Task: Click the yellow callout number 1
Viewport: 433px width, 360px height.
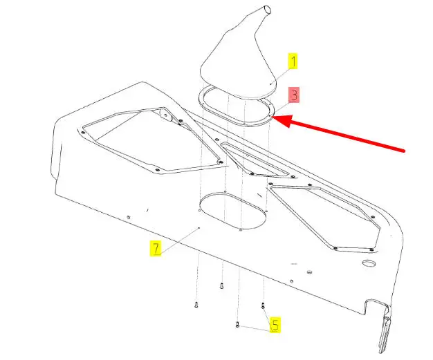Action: (x=293, y=61)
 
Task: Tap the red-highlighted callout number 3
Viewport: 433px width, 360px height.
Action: (x=294, y=95)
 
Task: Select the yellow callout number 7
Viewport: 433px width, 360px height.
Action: (x=156, y=248)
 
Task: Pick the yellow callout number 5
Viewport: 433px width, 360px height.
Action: (x=275, y=325)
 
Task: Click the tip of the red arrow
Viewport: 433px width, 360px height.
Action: (x=273, y=117)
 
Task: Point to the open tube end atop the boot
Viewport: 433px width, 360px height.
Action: (x=268, y=10)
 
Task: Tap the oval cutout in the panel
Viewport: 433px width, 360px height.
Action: (x=232, y=211)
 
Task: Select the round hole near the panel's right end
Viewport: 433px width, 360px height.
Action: (x=369, y=263)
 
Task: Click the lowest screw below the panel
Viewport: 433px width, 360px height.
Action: (x=237, y=325)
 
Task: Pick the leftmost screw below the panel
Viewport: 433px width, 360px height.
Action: (x=196, y=305)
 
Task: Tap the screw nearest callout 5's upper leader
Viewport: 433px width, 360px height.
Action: (x=263, y=305)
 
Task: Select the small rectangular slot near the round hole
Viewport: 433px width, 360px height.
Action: (x=309, y=272)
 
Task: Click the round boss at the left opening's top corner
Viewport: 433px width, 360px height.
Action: (x=165, y=115)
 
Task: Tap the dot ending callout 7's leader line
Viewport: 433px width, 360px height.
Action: (x=199, y=228)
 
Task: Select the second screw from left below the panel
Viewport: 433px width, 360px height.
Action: (x=221, y=286)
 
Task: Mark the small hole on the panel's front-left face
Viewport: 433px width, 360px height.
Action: (x=128, y=218)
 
